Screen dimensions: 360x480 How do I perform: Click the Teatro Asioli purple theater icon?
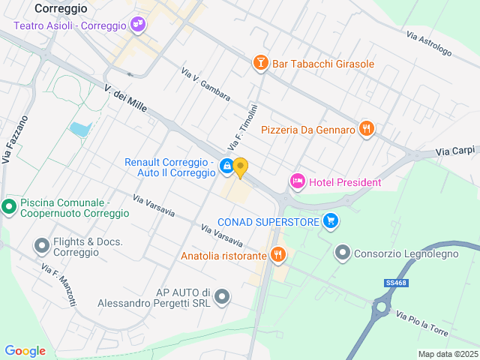[x=137, y=25]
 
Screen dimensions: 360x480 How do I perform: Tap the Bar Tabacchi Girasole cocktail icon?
[x=260, y=63]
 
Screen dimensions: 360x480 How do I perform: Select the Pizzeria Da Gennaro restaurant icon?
[x=366, y=129]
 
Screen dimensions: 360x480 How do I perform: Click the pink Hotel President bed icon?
[x=298, y=181]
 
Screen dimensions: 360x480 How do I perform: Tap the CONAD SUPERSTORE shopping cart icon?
[x=331, y=221]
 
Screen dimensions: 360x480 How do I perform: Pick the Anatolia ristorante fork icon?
[x=278, y=255]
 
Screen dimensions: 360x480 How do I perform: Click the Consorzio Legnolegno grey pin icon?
[x=343, y=253]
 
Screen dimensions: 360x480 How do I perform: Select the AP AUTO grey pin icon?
[x=221, y=298]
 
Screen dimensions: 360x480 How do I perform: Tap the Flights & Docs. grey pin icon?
[x=42, y=246]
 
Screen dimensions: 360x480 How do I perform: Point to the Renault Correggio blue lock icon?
[x=226, y=166]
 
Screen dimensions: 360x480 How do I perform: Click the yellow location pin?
[x=240, y=166]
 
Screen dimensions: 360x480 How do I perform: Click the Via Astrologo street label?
[x=429, y=44]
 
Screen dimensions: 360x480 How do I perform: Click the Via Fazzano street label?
[x=14, y=139]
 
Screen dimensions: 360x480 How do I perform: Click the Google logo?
[x=25, y=350]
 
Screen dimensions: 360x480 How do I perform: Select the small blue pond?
[x=79, y=130]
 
